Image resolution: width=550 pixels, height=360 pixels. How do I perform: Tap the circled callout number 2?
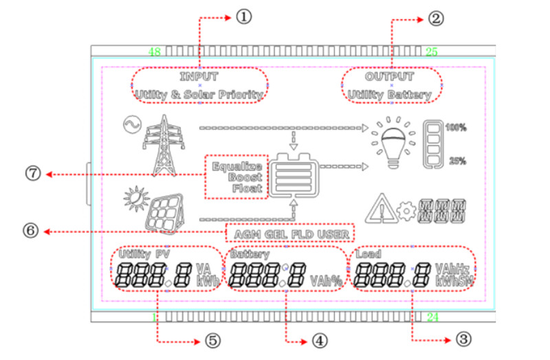pyautogui.click(x=434, y=18)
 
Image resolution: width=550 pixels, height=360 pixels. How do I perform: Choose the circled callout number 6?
pyautogui.click(x=30, y=232)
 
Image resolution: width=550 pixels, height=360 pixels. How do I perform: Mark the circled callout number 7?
pyautogui.click(x=30, y=174)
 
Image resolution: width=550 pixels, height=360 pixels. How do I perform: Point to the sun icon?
pyautogui.click(x=134, y=199)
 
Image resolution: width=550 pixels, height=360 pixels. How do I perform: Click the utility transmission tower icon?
pyautogui.click(x=163, y=144)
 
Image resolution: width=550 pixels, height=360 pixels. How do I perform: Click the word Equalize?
pyautogui.click(x=237, y=166)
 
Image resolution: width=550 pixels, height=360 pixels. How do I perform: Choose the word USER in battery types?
pyautogui.click(x=335, y=234)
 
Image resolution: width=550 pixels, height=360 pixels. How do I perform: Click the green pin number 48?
pyautogui.click(x=155, y=52)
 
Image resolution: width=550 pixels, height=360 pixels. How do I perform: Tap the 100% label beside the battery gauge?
pyautogui.click(x=456, y=127)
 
